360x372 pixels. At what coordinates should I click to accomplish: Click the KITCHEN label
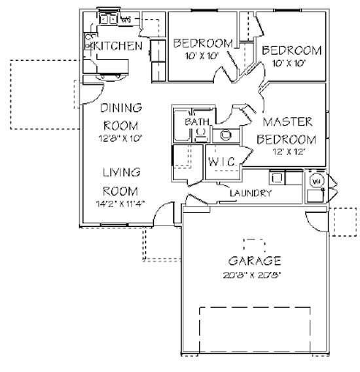[118, 46]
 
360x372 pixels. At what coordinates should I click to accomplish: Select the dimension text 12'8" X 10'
[120, 138]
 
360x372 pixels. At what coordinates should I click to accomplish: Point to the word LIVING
[121, 173]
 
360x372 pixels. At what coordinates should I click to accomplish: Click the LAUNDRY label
[250, 193]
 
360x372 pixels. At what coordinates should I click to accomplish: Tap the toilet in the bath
[200, 135]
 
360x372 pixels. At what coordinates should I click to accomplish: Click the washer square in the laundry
[276, 176]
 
